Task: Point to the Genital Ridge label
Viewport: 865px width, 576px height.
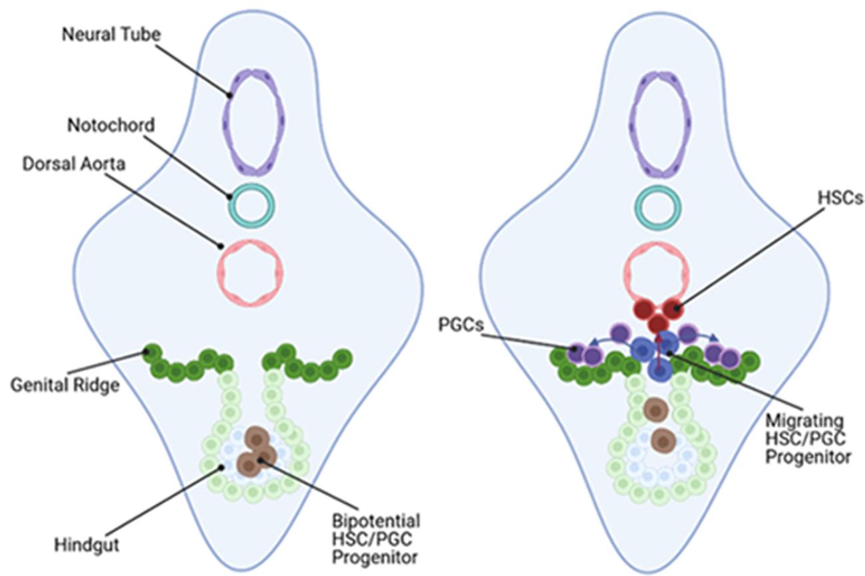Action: click(x=66, y=384)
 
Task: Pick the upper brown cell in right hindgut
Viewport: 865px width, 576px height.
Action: click(x=657, y=410)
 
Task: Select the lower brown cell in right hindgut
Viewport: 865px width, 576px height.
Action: click(x=663, y=440)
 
